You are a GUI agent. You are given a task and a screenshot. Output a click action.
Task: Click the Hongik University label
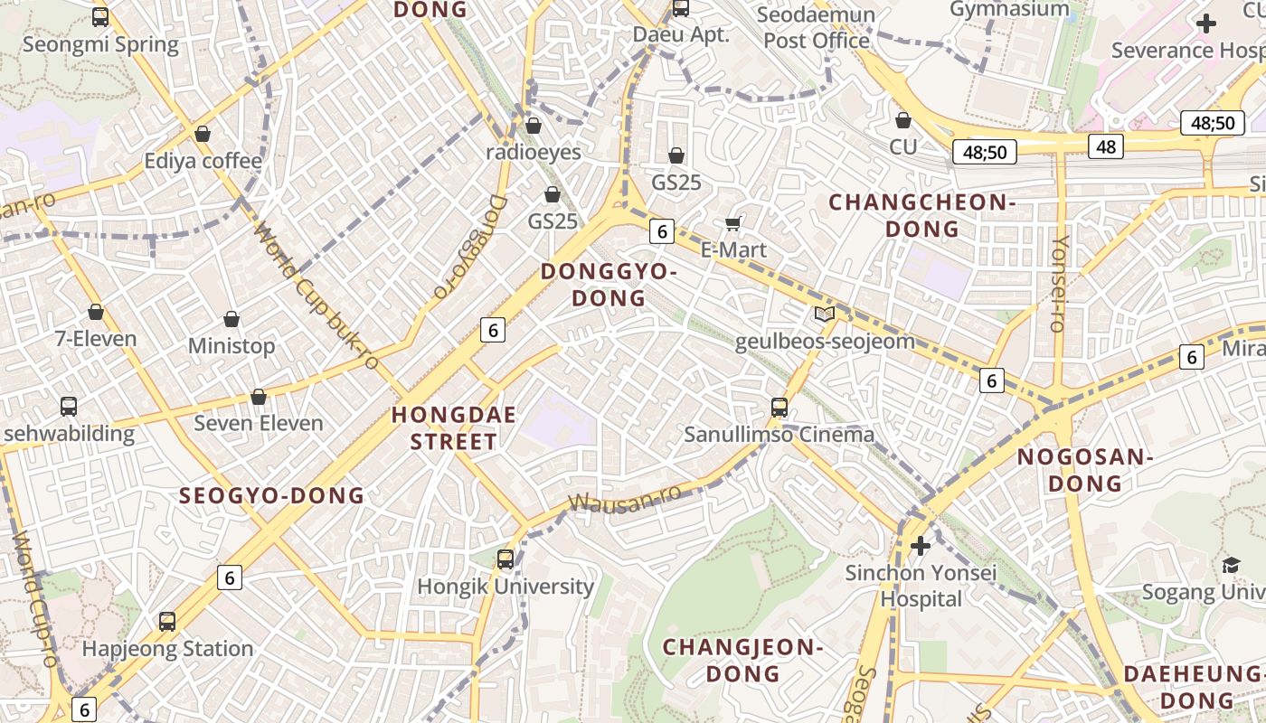[505, 587]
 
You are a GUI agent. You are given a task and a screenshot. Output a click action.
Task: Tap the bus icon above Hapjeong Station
[167, 622]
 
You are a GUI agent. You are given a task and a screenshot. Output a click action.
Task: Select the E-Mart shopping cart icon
[733, 223]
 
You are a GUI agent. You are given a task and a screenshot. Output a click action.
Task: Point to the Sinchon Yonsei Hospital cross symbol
[921, 546]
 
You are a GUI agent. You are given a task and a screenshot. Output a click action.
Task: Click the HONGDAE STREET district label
[454, 428]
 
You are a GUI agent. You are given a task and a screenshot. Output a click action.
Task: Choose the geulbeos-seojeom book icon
[824, 315]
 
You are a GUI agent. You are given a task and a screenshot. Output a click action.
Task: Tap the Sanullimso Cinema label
[779, 435]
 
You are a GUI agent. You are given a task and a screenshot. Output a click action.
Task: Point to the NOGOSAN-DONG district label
[1084, 470]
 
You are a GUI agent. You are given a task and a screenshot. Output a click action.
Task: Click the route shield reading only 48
[1106, 146]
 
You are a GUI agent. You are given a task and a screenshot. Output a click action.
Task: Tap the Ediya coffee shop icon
[203, 134]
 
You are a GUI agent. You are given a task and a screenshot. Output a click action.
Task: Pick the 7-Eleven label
[96, 339]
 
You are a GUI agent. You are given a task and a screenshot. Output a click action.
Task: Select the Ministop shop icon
[231, 319]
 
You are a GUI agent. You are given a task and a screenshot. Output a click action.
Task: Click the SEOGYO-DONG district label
[271, 495]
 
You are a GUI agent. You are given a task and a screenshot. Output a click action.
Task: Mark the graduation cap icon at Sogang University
[1231, 566]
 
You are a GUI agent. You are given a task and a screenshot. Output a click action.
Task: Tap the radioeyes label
[534, 152]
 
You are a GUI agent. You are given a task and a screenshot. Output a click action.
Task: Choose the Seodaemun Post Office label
[817, 28]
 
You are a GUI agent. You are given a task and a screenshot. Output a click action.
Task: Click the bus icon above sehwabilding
[69, 406]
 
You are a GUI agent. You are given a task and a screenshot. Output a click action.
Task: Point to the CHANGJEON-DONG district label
[742, 660]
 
